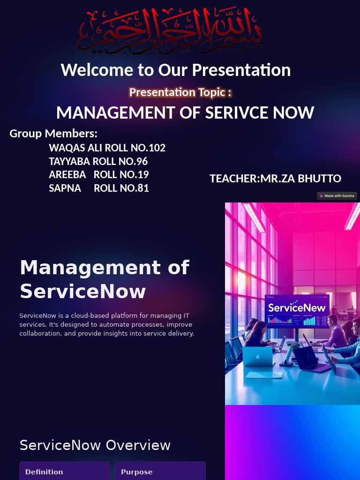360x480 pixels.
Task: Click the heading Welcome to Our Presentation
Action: coord(176,70)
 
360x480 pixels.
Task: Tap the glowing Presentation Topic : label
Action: coord(180,92)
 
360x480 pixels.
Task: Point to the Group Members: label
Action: coord(53,134)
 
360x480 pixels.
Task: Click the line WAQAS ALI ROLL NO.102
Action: coord(107,148)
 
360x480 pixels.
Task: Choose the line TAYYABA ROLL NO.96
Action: coord(98,162)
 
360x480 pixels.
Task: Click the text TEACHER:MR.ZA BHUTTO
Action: coord(275,179)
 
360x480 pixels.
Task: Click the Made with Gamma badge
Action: coord(337,196)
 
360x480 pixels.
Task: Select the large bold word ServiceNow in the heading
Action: coord(82,292)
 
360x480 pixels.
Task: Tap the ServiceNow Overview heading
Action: coord(95,445)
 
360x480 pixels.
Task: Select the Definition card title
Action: coord(44,472)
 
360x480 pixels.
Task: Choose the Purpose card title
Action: coord(136,472)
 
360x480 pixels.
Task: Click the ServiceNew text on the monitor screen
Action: coord(296,308)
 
